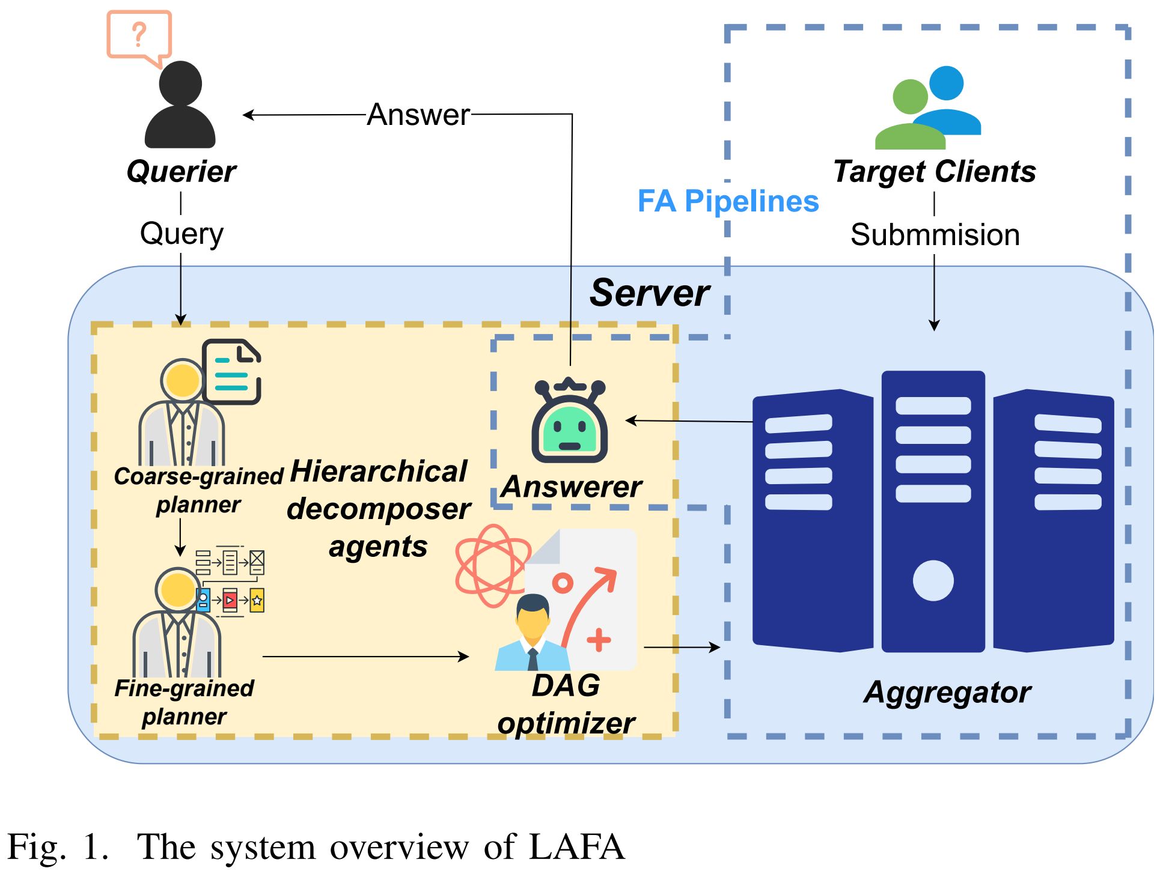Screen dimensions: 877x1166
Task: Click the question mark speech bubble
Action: pos(139,35)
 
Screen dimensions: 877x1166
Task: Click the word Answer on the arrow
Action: pos(418,114)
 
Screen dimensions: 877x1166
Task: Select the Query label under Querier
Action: pos(182,234)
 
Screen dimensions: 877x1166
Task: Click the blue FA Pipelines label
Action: pos(728,201)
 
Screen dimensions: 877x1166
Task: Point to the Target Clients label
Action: pos(935,172)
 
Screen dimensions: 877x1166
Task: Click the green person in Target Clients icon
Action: pos(910,117)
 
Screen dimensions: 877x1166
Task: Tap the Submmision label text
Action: pos(935,235)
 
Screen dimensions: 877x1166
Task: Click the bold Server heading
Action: pos(650,293)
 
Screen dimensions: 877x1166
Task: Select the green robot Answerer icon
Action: pos(569,422)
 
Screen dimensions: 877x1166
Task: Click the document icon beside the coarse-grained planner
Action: pos(232,372)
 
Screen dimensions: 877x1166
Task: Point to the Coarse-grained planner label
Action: pos(198,490)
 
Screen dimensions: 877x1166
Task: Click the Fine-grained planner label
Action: pos(184,702)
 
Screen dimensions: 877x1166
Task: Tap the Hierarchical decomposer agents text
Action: pos(379,509)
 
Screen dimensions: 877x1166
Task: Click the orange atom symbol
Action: pos(492,565)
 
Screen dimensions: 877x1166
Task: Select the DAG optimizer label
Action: pos(566,704)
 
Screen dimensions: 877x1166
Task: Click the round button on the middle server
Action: pos(933,580)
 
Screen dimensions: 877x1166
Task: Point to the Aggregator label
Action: pos(947,692)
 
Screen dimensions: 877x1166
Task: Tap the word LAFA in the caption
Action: pos(577,847)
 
